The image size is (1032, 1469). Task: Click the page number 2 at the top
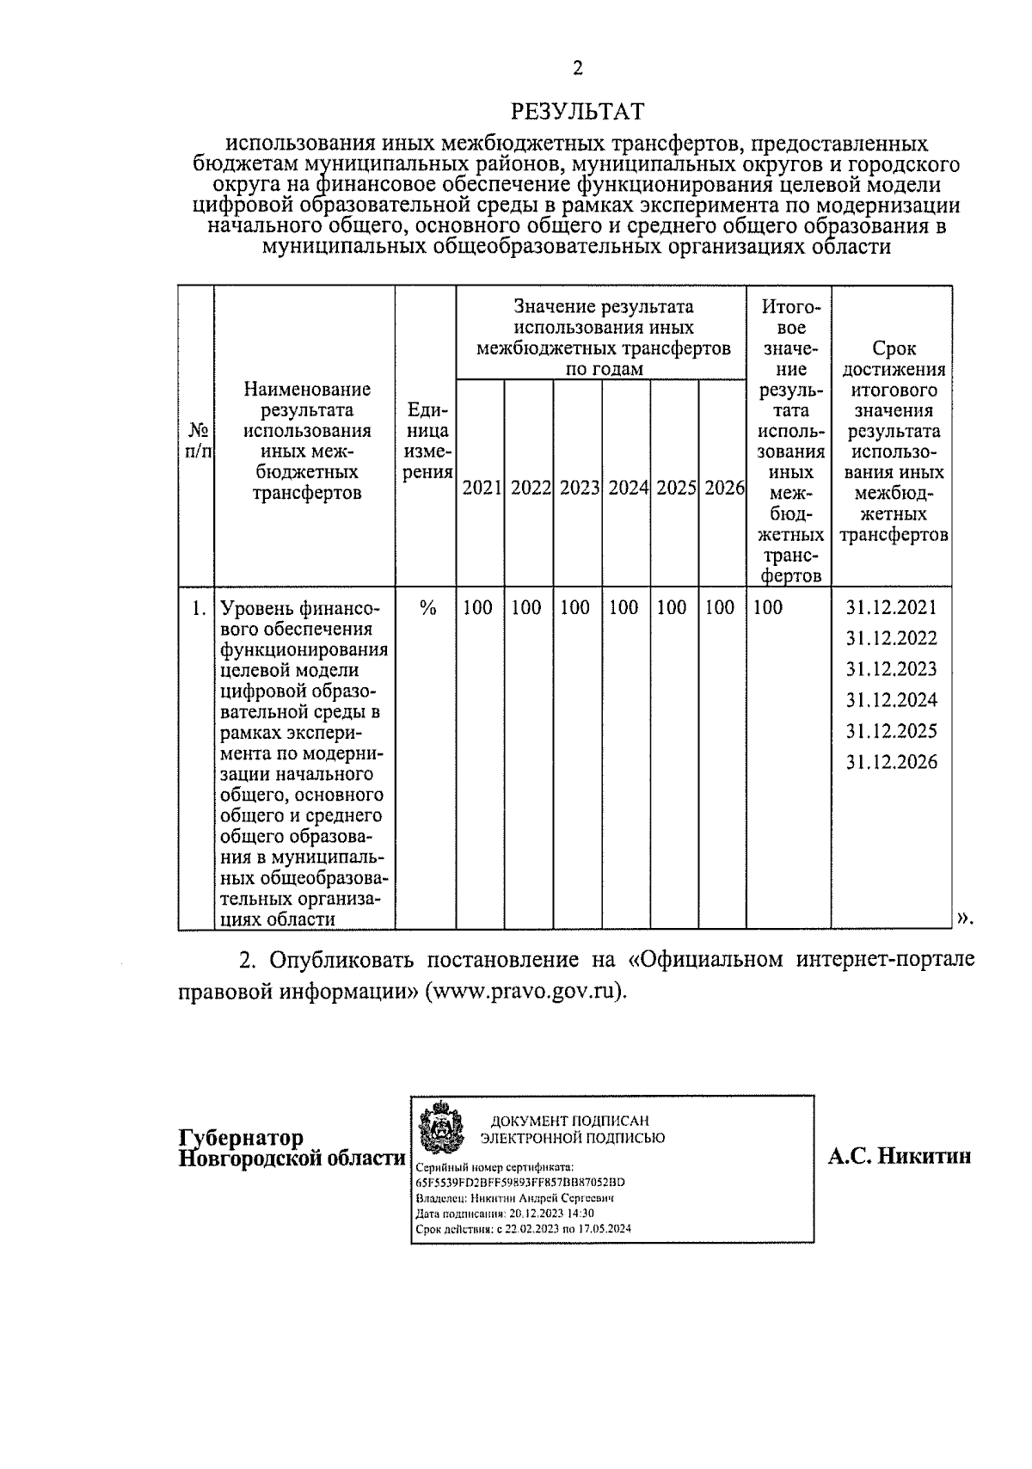point(577,69)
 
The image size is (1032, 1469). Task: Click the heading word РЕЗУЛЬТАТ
point(577,112)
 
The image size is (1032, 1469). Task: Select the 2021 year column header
point(481,488)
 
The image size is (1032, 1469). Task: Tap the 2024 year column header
point(627,488)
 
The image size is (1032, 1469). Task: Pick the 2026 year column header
point(723,488)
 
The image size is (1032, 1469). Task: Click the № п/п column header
point(197,439)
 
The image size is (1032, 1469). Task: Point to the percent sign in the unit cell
point(427,608)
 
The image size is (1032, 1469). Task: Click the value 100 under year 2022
point(526,608)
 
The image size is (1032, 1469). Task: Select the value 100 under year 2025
point(672,608)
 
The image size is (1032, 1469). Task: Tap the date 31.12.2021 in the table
point(891,608)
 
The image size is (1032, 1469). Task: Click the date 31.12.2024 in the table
point(891,700)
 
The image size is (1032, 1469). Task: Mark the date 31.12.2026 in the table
point(891,762)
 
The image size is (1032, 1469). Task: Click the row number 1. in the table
point(199,608)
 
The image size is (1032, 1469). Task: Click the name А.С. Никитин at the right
point(900,1156)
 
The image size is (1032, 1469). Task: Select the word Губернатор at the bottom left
point(241,1138)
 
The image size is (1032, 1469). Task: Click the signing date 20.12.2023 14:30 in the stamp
point(551,1214)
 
